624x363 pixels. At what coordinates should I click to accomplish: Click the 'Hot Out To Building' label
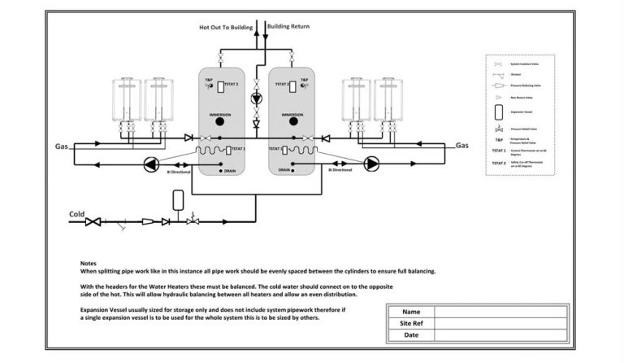point(225,27)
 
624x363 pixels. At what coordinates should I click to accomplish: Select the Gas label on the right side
point(461,146)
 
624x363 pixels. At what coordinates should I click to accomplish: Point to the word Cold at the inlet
point(76,215)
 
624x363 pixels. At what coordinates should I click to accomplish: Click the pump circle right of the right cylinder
point(371,164)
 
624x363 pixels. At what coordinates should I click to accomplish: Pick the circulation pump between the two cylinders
point(257,98)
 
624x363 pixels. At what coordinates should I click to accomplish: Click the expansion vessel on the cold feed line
point(179,201)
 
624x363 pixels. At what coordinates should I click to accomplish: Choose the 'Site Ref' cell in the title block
point(411,323)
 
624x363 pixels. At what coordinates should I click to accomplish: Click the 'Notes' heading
point(89,264)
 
